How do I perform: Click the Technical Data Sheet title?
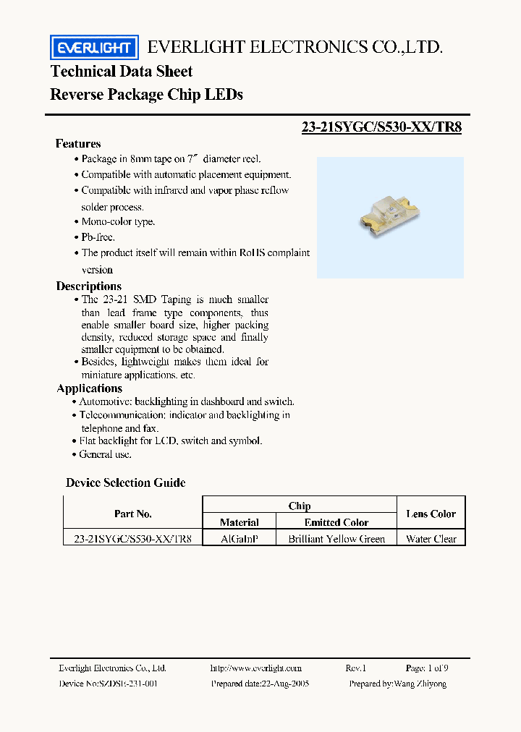[x=122, y=72]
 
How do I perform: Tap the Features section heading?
[x=78, y=143]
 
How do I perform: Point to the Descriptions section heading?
[x=89, y=286]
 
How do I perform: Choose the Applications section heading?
[x=89, y=388]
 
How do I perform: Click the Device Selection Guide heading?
[x=126, y=482]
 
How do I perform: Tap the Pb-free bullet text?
[x=98, y=237]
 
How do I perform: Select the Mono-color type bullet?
[x=118, y=222]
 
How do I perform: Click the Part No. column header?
[x=133, y=514]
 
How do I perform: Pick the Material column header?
[x=240, y=522]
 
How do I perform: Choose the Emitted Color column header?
[x=336, y=522]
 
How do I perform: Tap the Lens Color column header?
[x=431, y=514]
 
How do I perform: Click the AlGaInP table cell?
[x=240, y=539]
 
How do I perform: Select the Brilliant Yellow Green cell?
[x=336, y=539]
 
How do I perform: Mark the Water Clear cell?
[x=431, y=539]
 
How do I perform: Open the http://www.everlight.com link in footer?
[x=255, y=668]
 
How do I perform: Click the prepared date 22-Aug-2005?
[x=260, y=684]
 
